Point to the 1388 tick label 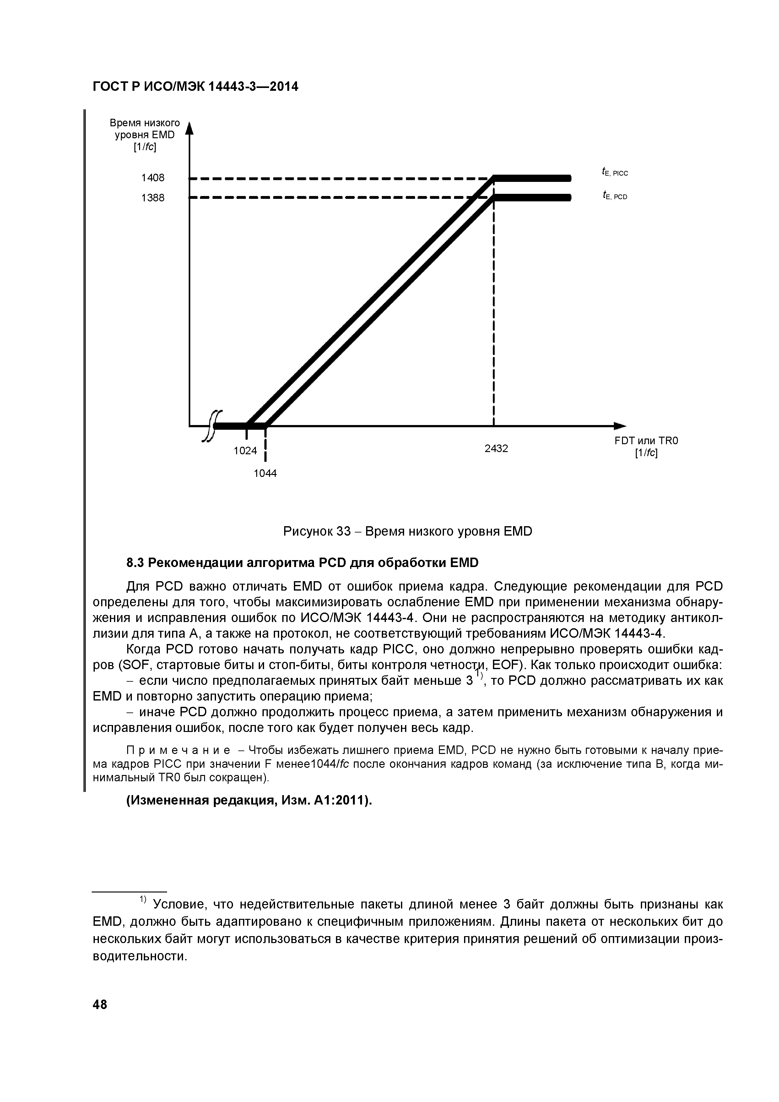coord(153,198)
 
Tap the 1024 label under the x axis coord(245,451)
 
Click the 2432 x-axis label coord(496,448)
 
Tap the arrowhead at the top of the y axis coord(189,128)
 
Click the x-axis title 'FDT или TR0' coord(646,441)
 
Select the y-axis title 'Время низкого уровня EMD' coord(145,135)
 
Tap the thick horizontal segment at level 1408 coord(533,178)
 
